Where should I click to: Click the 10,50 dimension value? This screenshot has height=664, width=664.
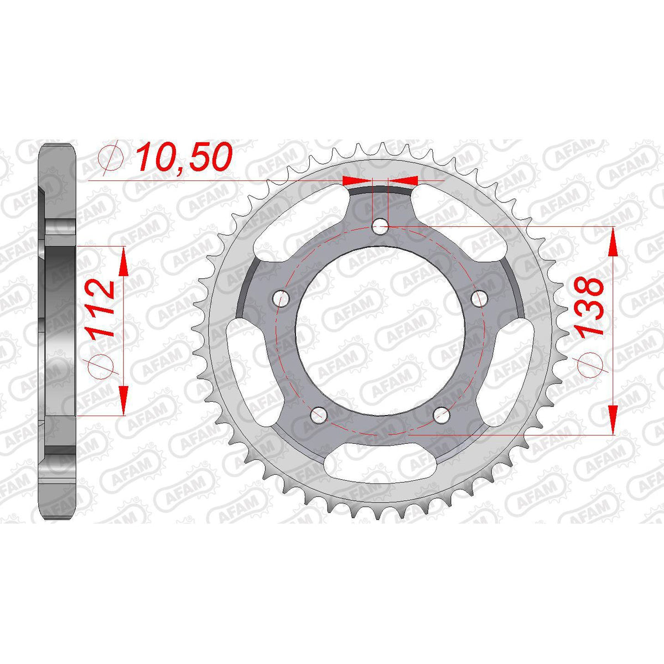pyautogui.click(x=183, y=158)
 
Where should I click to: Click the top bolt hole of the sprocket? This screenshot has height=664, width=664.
pyautogui.click(x=380, y=226)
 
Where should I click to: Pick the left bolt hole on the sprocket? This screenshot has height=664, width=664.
pyautogui.click(x=281, y=299)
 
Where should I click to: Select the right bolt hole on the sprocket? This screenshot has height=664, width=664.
pyautogui.click(x=480, y=298)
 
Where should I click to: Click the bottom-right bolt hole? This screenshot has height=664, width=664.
pyautogui.click(x=442, y=416)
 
